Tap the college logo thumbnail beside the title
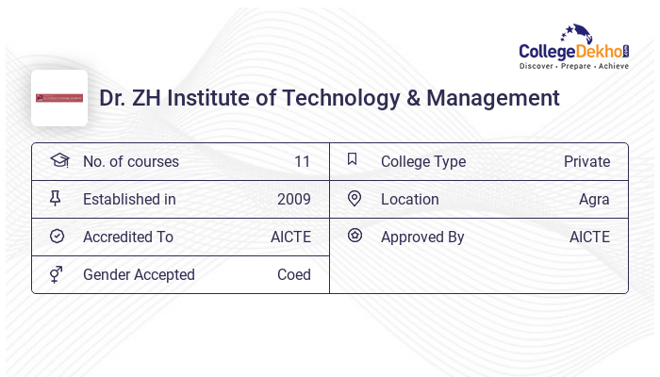59,98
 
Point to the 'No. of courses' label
130,162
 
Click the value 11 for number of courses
302,162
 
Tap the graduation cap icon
58,160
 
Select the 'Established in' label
129,200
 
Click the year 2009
293,200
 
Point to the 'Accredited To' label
128,238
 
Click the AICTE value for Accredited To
290,238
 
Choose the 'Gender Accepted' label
139,275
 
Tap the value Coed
293,275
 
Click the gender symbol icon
58,274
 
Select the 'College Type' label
422,162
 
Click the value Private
586,162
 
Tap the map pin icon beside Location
355,199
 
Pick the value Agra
594,200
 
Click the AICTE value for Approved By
589,238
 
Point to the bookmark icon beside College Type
353,160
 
